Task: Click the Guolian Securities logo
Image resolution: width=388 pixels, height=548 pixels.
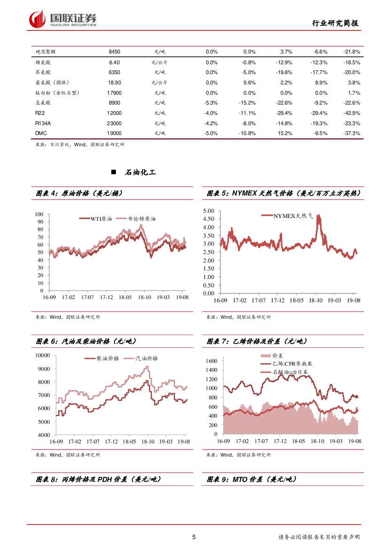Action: [x=63, y=19]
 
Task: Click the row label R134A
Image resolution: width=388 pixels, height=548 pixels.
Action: [x=43, y=123]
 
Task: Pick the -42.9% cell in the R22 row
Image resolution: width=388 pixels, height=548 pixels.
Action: [x=351, y=113]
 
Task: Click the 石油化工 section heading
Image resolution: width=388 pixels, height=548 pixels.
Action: [x=140, y=173]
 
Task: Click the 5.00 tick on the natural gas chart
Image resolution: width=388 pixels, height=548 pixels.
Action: [x=208, y=211]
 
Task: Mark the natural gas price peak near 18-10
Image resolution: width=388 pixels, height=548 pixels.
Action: [x=319, y=216]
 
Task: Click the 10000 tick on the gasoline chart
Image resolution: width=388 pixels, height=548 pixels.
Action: [x=42, y=355]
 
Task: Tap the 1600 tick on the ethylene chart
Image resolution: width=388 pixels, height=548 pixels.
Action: [x=211, y=361]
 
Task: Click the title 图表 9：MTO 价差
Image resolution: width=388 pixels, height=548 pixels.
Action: [x=251, y=480]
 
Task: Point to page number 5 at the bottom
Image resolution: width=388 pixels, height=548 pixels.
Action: [x=194, y=537]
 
